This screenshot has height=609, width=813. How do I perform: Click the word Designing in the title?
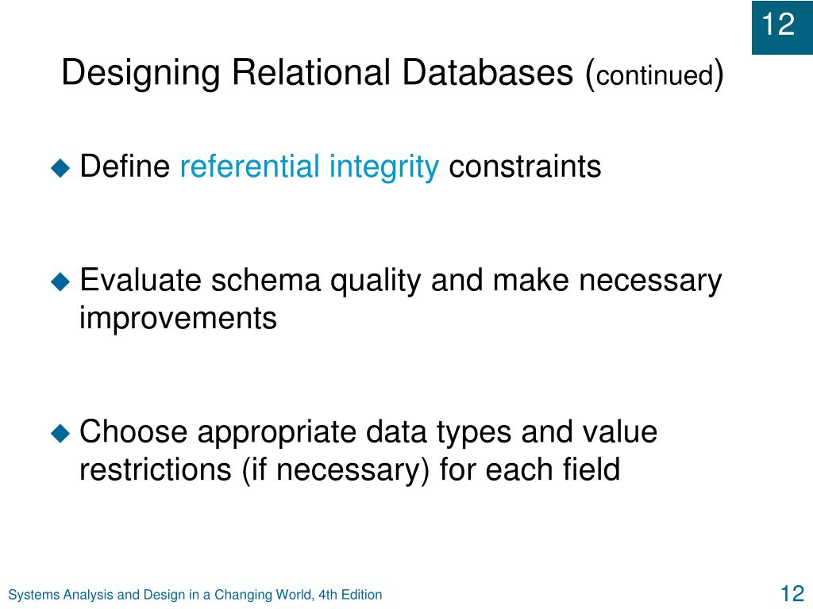pos(141,74)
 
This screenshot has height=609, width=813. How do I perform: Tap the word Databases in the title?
pos(487,74)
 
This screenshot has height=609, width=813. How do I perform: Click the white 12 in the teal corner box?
pos(779,25)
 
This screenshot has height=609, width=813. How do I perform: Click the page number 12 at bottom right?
pos(792,594)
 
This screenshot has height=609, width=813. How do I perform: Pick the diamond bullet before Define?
pos(61,168)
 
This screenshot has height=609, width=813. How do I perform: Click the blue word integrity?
pos(383,167)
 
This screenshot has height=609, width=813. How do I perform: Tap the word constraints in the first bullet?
pos(525,167)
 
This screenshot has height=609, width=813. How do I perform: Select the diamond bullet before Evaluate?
pos(61,281)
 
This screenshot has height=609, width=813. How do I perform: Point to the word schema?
pos(268,281)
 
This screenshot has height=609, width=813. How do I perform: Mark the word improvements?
pos(178,319)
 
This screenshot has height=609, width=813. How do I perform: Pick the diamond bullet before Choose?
pos(61,433)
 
